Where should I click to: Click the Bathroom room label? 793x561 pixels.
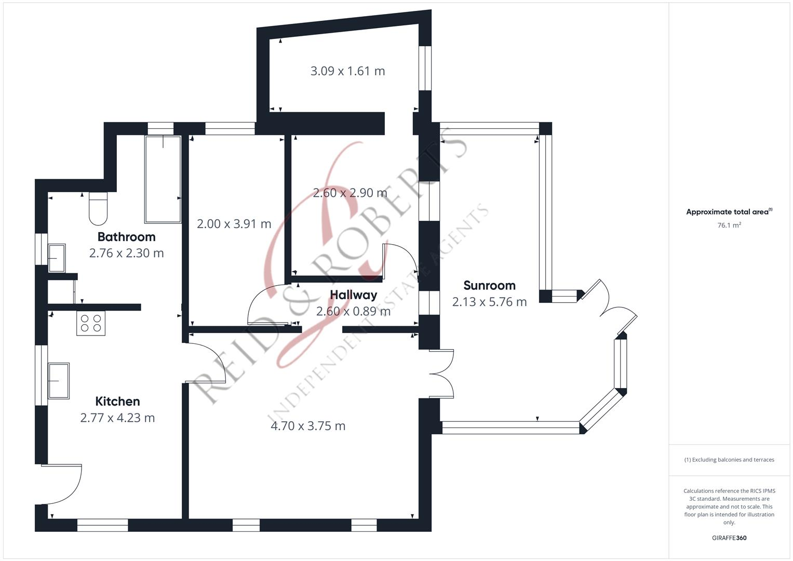point(126,237)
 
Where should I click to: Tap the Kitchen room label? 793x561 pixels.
point(117,402)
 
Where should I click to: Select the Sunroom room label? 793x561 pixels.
point(489,285)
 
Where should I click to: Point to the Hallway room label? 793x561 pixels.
point(353,295)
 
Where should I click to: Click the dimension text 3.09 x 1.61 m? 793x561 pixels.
point(347,71)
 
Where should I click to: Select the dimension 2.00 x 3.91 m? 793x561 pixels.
point(234,224)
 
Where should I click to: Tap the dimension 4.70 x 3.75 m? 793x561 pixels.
point(308,426)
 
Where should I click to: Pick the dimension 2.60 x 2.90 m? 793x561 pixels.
point(350,193)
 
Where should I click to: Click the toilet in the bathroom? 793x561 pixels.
point(98,208)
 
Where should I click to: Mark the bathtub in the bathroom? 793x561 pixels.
point(163,179)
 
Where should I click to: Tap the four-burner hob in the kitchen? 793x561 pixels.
point(91,323)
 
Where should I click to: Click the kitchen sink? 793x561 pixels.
point(59,381)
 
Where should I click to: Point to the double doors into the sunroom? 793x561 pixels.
point(441,373)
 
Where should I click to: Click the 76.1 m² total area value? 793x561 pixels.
point(729,225)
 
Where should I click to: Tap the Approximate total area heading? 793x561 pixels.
point(729,212)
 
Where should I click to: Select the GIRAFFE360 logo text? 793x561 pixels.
point(729,538)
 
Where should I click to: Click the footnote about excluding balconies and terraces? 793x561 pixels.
point(729,460)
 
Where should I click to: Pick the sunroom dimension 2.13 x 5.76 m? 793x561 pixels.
point(489,302)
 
